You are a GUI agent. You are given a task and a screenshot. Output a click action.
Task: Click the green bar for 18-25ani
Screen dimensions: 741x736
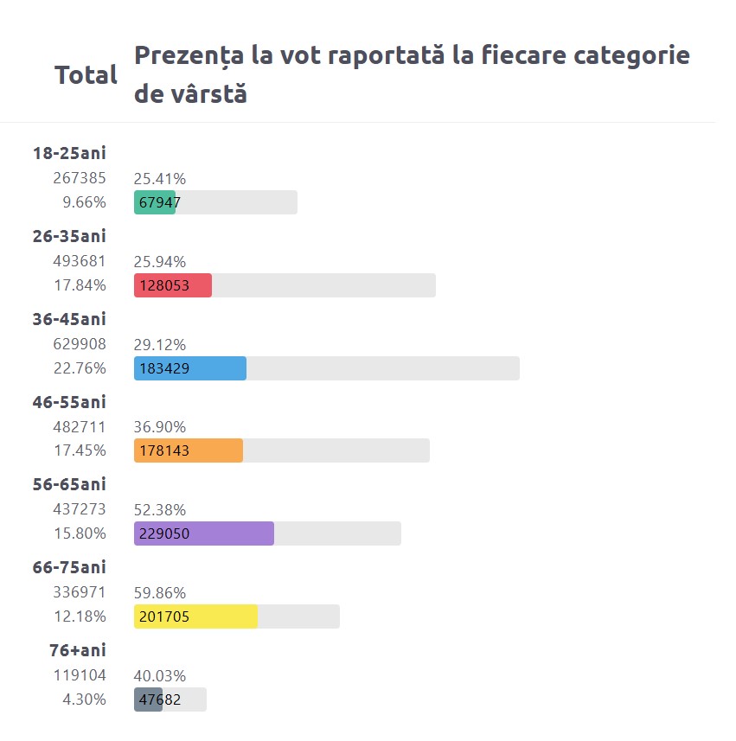point(155,202)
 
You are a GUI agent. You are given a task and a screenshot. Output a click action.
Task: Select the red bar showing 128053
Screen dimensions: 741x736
point(173,285)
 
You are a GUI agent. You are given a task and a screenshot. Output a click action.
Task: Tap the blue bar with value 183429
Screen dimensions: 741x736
point(190,368)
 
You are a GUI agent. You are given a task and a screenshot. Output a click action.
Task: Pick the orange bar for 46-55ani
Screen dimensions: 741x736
point(189,450)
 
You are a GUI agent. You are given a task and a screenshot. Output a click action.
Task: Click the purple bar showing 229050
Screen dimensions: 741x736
point(204,533)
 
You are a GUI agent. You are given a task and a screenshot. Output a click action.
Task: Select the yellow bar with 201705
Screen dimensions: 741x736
point(196,616)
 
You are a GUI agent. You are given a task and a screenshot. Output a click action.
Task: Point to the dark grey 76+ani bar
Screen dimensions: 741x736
point(148,699)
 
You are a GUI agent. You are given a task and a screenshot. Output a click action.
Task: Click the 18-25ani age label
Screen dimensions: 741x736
point(69,154)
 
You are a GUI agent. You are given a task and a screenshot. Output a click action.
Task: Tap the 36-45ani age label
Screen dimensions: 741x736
point(69,319)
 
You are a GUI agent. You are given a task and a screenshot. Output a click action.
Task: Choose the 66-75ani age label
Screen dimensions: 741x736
point(69,567)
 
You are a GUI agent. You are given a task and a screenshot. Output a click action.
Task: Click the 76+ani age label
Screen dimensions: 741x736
point(78,650)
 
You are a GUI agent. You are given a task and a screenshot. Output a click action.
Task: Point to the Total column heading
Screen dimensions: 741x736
point(86,75)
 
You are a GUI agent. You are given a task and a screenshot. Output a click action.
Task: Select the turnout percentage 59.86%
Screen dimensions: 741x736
point(160,593)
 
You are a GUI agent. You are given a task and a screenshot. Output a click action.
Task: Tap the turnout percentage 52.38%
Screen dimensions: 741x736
point(160,510)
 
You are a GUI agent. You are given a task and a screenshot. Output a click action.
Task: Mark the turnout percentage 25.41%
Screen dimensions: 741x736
point(160,179)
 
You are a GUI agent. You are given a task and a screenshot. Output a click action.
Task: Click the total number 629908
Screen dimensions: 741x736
point(80,344)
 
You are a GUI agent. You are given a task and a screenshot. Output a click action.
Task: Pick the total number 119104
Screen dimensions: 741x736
point(80,675)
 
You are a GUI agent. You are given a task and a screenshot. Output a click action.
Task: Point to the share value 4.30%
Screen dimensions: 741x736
point(85,699)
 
